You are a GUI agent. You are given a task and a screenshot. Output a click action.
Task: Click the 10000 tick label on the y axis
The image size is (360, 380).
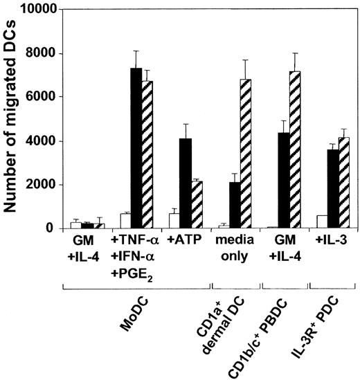tap(44, 11)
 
